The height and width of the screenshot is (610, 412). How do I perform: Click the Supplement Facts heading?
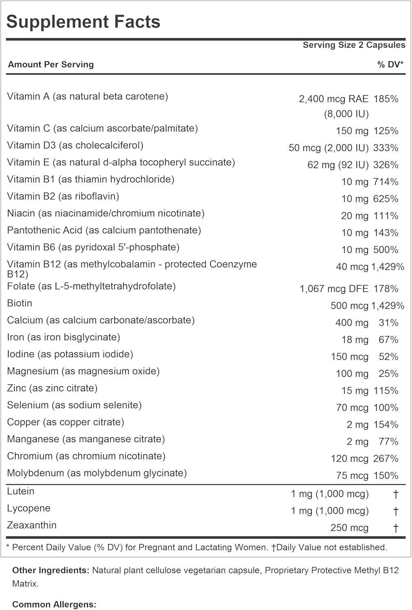coord(83,22)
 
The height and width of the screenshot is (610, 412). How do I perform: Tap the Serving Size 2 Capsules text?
coord(354,45)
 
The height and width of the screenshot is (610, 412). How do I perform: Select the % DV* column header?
coord(390,64)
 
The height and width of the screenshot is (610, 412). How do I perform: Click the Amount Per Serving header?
coord(51,64)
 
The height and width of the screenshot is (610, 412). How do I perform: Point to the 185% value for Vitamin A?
coord(386,99)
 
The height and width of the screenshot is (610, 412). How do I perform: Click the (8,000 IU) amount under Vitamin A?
coord(347,114)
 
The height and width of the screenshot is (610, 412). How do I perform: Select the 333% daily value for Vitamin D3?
coord(386,148)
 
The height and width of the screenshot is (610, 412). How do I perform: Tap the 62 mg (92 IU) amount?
coord(338,165)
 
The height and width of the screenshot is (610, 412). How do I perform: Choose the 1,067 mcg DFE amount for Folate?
coord(334,289)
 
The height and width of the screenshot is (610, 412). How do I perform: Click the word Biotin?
coord(20,303)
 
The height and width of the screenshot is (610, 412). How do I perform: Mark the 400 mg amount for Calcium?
coord(352,323)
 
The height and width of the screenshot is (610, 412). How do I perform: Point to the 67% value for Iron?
coord(388,340)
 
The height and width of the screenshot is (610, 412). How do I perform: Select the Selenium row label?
coord(74,405)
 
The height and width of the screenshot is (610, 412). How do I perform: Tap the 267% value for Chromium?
coord(386,459)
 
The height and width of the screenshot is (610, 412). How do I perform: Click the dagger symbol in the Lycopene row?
coord(396,511)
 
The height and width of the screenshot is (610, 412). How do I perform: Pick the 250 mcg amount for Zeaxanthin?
coord(349,528)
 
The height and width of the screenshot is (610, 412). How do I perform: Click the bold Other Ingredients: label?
coord(51,571)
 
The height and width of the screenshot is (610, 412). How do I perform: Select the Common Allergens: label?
coord(54,605)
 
